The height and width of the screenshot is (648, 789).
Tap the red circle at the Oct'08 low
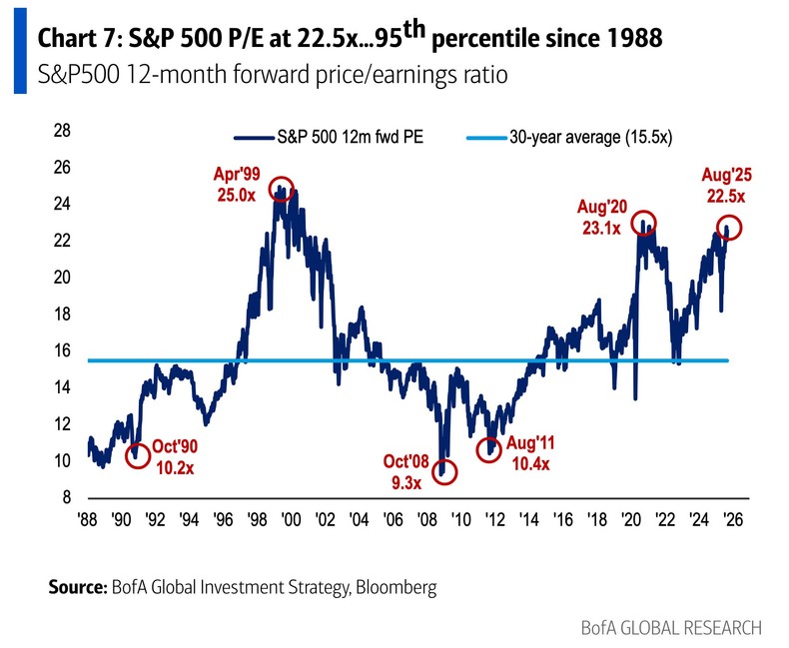tap(444, 471)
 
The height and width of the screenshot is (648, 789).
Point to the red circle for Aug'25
tap(730, 227)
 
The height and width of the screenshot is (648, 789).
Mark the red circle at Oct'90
tap(137, 454)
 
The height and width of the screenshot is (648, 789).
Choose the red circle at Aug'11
tap(488, 449)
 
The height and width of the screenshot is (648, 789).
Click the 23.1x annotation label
tap(600, 227)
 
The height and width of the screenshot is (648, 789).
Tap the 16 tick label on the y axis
tap(60, 350)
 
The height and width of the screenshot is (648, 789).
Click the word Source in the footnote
tap(75, 587)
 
